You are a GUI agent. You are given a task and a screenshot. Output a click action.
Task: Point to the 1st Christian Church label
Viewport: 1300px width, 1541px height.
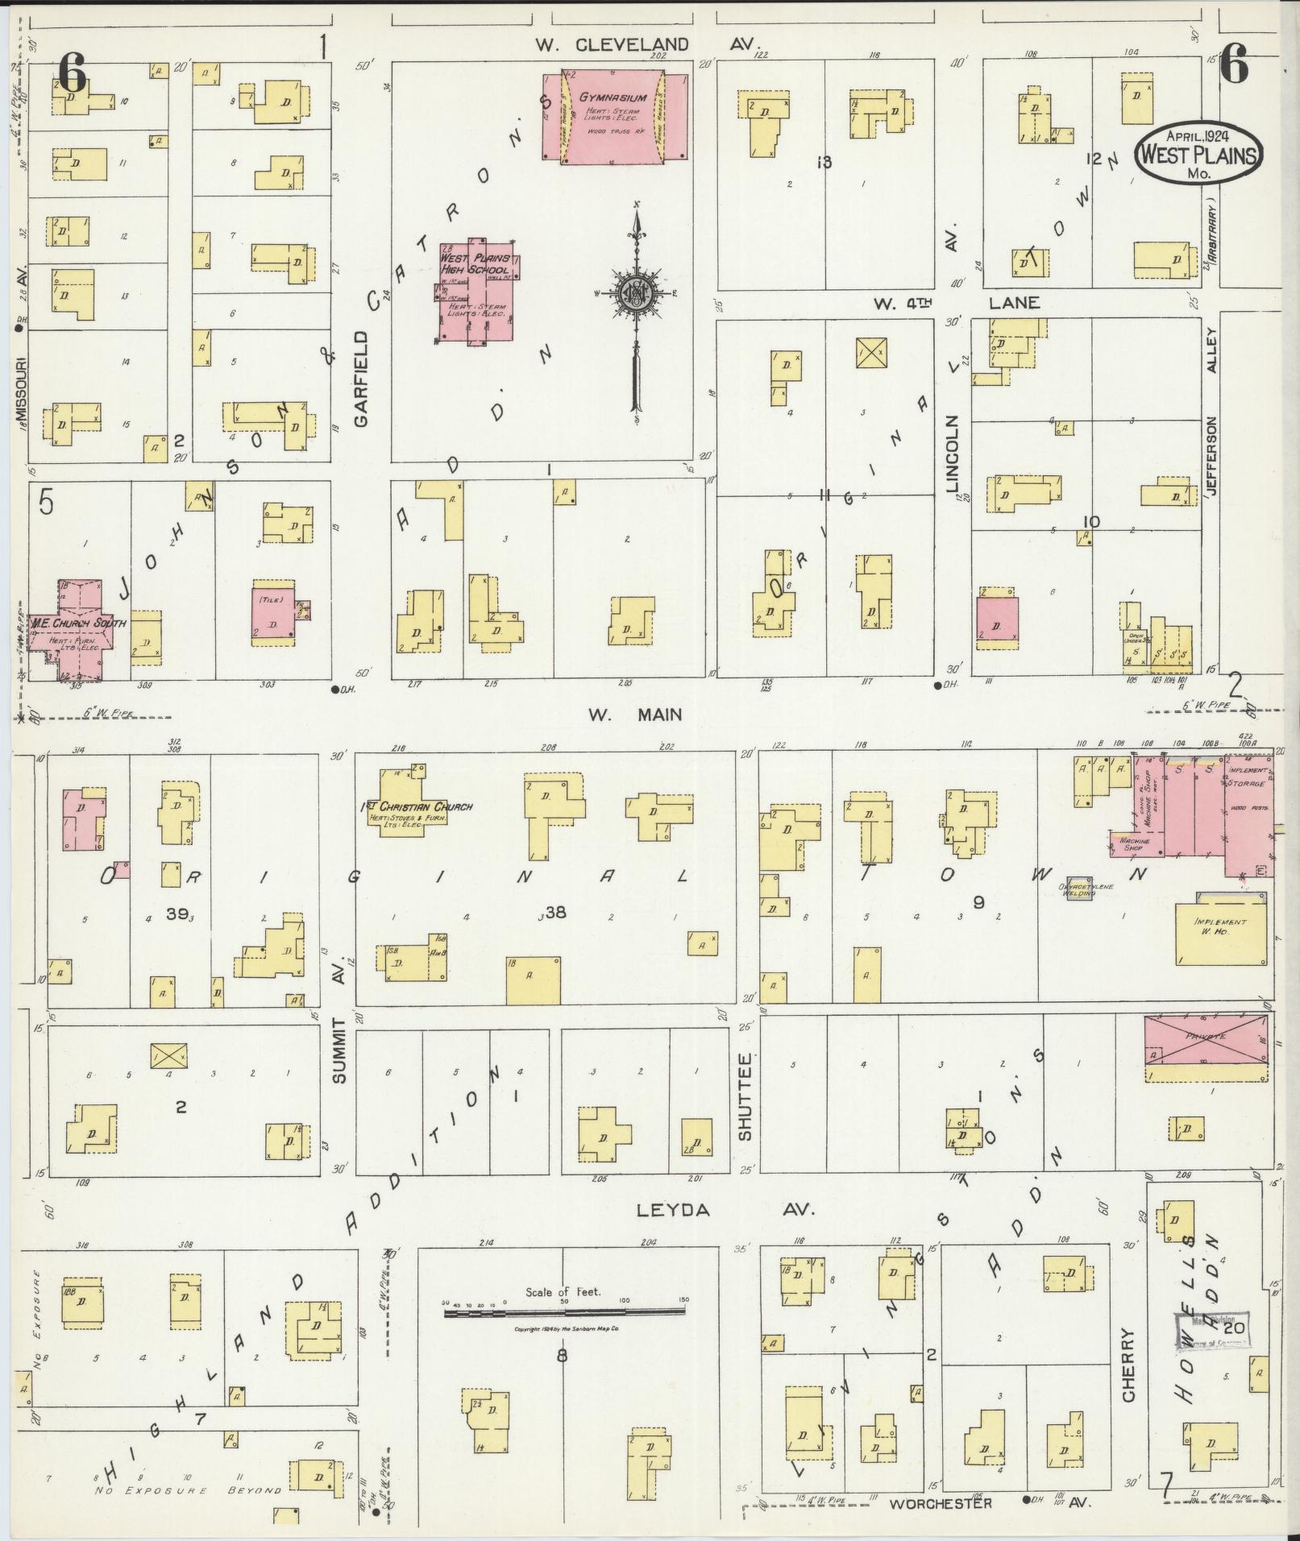pos(416,806)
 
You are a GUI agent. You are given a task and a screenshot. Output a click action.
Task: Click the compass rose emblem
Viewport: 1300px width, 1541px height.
pos(636,295)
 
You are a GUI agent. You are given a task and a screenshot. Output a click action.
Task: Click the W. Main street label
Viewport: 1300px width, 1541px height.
pos(634,715)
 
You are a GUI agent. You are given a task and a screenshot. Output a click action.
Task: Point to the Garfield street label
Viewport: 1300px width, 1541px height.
pos(360,379)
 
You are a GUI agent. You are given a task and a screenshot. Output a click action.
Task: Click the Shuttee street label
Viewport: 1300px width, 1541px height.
pos(745,1096)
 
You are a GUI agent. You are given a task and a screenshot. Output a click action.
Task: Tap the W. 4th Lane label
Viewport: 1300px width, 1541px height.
pos(956,303)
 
